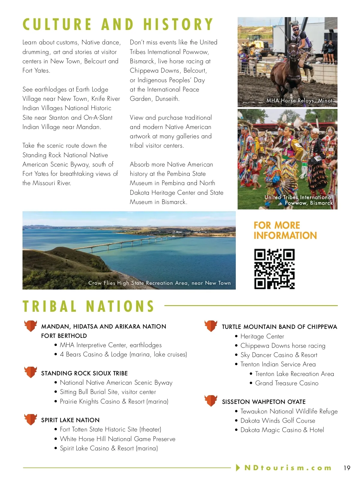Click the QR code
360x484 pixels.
coord(274,269)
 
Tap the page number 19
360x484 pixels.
coord(347,468)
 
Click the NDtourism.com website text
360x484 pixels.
coord(288,468)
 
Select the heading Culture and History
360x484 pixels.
coord(118,25)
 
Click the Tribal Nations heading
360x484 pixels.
coord(88,306)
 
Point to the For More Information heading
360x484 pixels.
coord(285,230)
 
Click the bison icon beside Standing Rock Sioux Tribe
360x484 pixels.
coord(31,372)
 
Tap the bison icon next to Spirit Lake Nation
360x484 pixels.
coord(31,419)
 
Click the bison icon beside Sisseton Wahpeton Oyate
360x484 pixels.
coord(211,401)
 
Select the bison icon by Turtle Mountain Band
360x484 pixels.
coord(211,326)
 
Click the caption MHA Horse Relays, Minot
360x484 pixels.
coord(299,101)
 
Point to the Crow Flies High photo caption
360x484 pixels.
coord(159,283)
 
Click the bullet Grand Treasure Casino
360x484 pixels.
coord(286,383)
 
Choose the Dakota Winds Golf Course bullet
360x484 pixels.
coord(277,421)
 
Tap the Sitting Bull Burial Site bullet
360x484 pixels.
coord(108,392)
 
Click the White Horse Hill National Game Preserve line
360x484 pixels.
coord(117,439)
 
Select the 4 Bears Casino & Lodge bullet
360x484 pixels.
coord(123,354)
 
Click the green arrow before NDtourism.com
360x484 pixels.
coord(238,467)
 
